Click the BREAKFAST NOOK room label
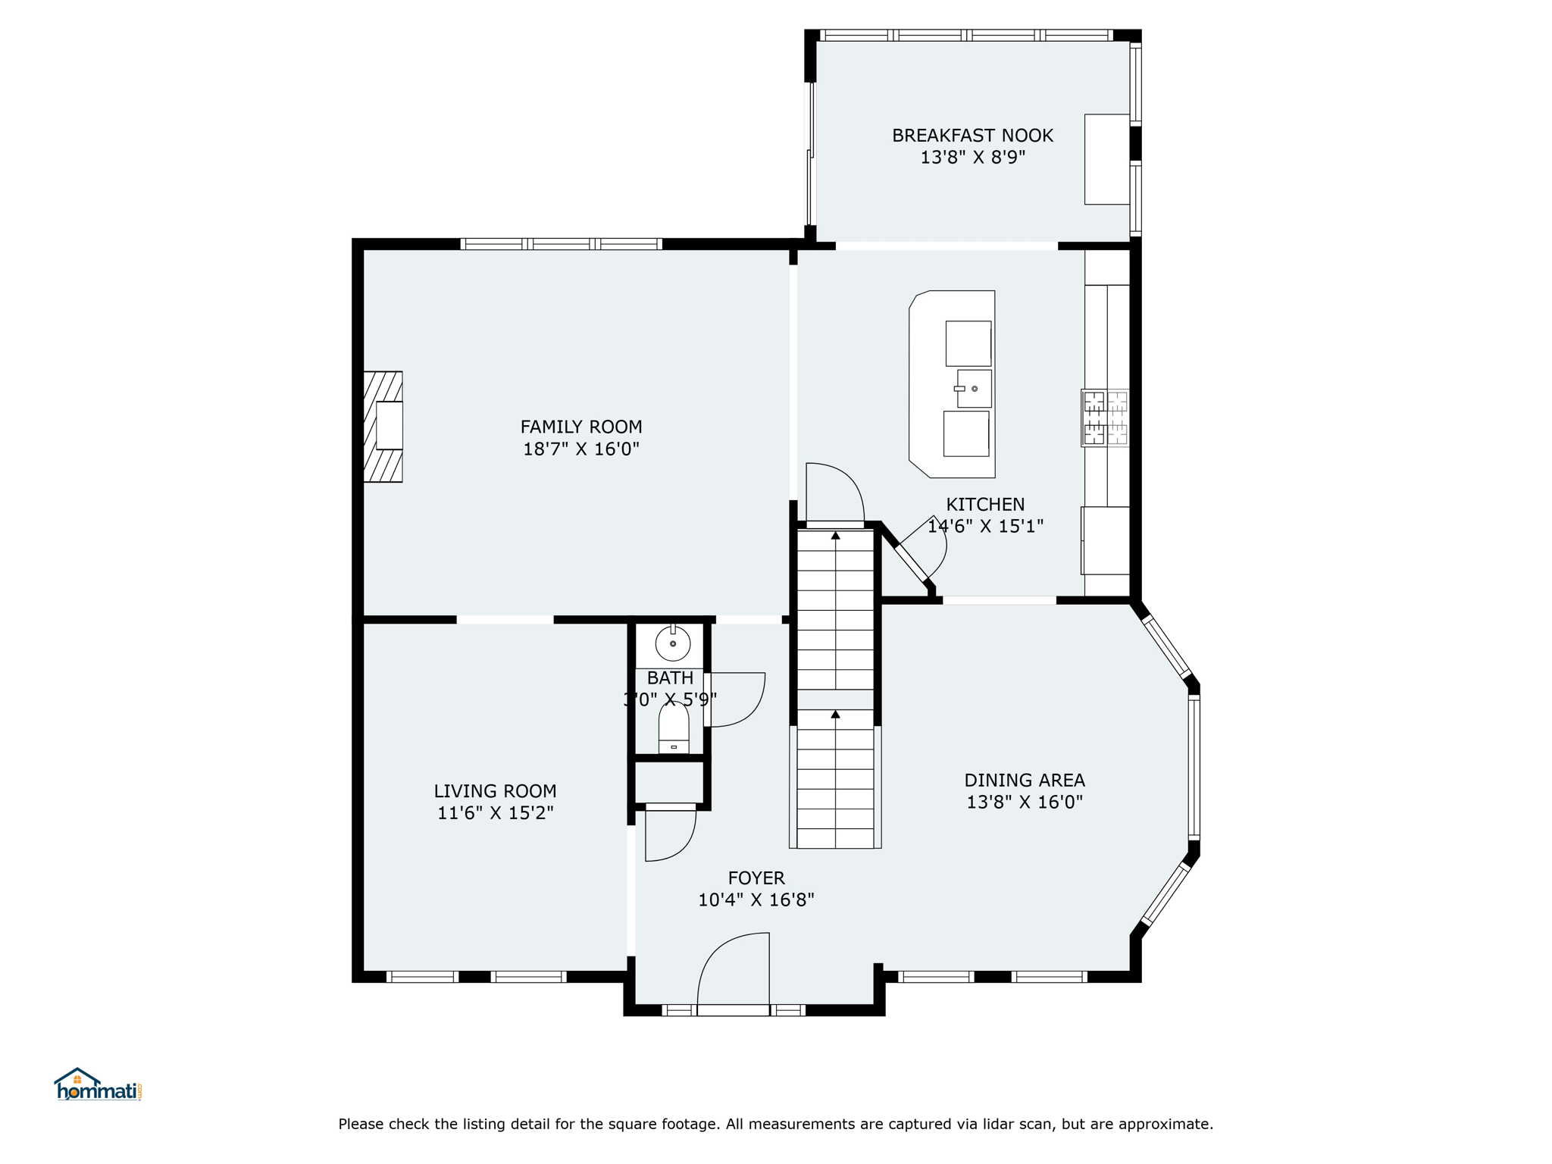(972, 136)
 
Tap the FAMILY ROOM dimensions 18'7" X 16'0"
(581, 449)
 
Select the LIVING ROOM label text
(495, 791)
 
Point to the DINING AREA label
(1025, 780)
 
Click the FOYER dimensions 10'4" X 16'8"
(756, 900)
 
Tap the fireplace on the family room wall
(383, 427)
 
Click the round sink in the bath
(673, 644)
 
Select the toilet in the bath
(674, 728)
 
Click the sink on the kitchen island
(974, 389)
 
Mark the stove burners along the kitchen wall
(1106, 418)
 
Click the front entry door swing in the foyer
(734, 969)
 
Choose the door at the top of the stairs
(835, 494)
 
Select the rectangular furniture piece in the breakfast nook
(1107, 159)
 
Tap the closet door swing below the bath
(671, 834)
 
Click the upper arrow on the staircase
(835, 536)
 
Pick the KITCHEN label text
(985, 505)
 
